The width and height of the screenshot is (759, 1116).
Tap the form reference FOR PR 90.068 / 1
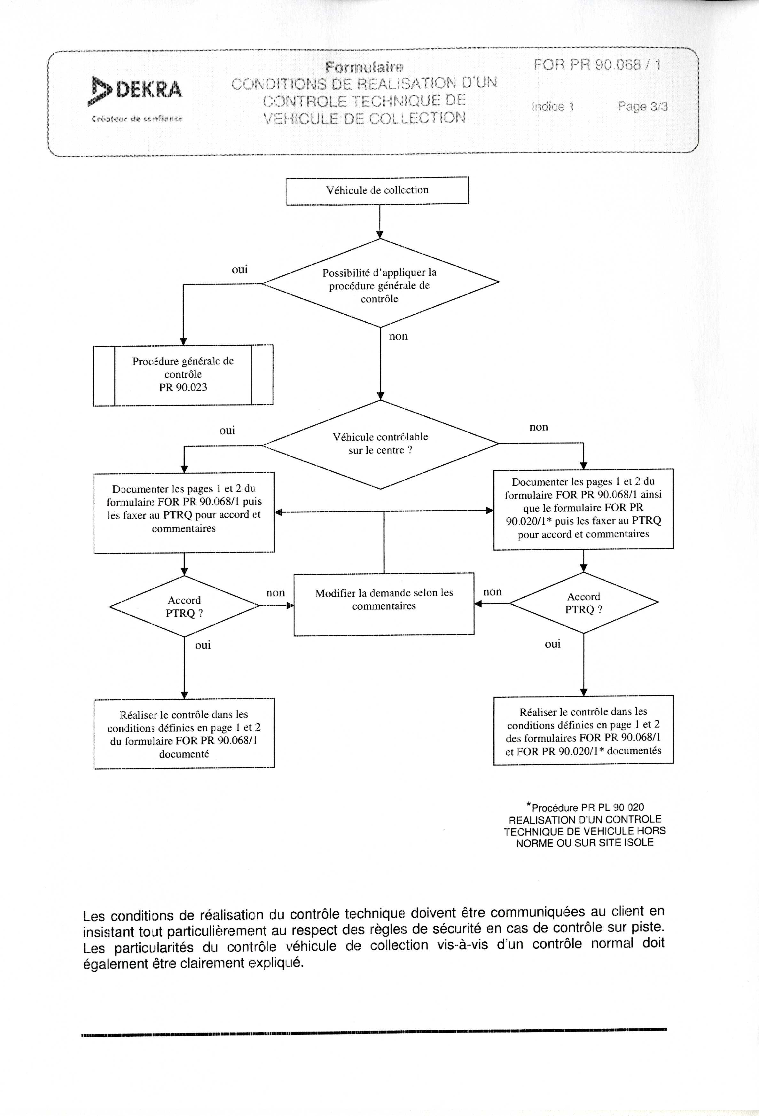[597, 65]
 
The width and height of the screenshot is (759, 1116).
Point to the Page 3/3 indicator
[642, 106]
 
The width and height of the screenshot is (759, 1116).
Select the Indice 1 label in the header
[552, 106]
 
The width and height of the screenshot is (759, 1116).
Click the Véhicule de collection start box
[377, 190]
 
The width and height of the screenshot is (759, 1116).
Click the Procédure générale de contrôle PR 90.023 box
[183, 374]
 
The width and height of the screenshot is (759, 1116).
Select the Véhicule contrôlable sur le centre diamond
[380, 444]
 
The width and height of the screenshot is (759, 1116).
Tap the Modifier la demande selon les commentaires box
[384, 604]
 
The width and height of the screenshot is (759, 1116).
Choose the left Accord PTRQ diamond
[184, 607]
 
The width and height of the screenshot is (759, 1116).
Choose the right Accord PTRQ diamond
[584, 603]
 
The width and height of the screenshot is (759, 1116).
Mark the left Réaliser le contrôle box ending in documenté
[184, 734]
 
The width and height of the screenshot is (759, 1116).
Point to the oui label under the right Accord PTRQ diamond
[552, 644]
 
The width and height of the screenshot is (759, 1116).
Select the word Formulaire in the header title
[364, 67]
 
